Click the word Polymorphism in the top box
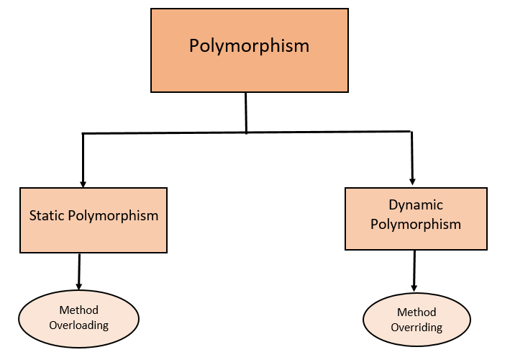click(x=249, y=46)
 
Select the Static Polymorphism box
click(x=94, y=220)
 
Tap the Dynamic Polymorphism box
click(x=415, y=219)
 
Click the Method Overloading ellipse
click(x=78, y=318)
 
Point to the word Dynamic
click(x=416, y=205)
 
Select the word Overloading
click(x=78, y=325)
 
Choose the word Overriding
click(x=416, y=328)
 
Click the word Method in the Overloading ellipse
click(x=78, y=310)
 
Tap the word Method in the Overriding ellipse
click(x=416, y=312)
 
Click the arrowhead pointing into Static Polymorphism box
click(x=83, y=183)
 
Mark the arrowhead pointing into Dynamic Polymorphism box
click(x=413, y=182)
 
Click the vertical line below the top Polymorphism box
click(x=246, y=112)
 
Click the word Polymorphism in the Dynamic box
click(x=416, y=224)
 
